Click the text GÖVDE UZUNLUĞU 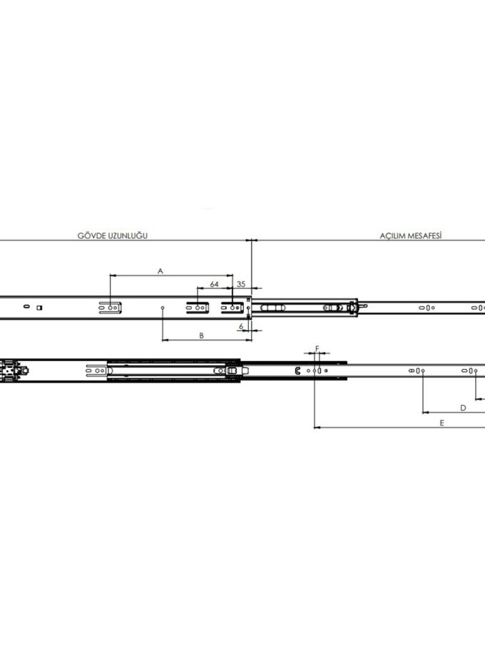pos(112,235)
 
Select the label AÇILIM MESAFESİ pos(411,236)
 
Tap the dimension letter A pos(160,271)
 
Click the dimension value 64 pos(214,284)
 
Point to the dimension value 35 pos(241,284)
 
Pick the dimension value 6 pos(241,327)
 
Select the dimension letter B pos(201,336)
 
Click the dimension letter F pos(317,349)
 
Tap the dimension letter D pos(463,407)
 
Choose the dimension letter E pos(442,423)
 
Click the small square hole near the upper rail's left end pos(39,308)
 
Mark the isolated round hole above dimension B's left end pos(163,308)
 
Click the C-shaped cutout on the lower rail pos(297,370)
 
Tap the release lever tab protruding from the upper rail pos(363,307)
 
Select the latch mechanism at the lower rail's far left pos(14,371)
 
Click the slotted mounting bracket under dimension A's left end pos(110,308)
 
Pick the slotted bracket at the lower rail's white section pos(97,371)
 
